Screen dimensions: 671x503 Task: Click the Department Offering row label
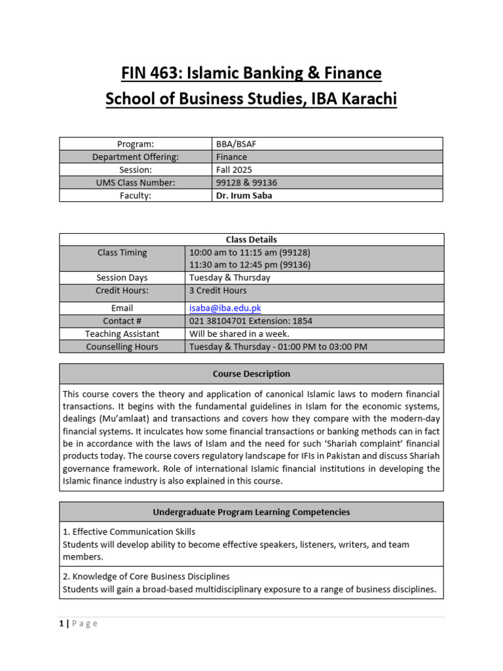click(x=136, y=157)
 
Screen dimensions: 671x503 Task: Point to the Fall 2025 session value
click(x=234, y=170)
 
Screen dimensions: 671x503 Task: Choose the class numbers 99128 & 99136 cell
click(x=246, y=183)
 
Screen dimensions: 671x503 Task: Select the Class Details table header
click(x=251, y=240)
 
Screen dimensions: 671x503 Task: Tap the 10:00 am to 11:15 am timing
click(x=250, y=252)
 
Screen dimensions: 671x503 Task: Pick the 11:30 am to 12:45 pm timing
click(x=250, y=265)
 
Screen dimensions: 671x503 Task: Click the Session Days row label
click(x=122, y=278)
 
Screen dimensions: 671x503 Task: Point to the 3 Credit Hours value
click(x=218, y=290)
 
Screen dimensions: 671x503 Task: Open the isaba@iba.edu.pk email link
click(x=225, y=308)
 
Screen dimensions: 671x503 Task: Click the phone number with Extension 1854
click(x=251, y=321)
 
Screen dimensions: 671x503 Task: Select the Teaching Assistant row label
click(x=122, y=334)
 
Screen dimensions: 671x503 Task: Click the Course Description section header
click(x=251, y=374)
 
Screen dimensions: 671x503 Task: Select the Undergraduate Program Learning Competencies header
click(x=251, y=512)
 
